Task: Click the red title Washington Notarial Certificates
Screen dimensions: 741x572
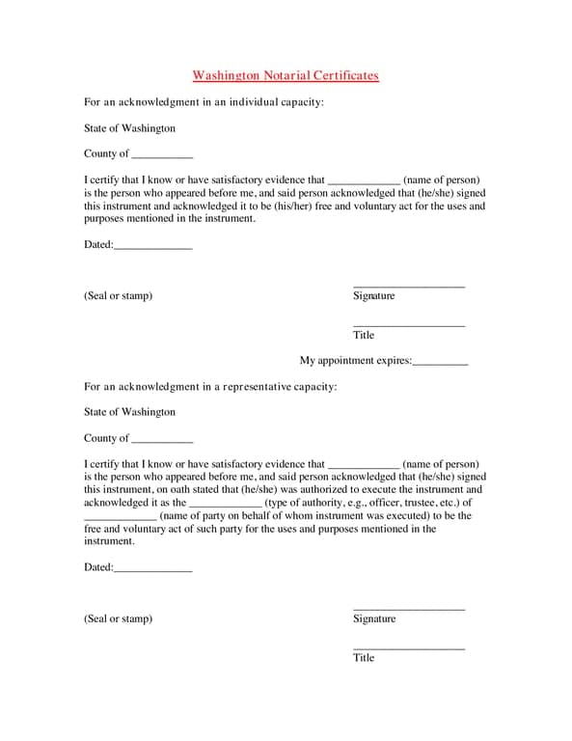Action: point(286,75)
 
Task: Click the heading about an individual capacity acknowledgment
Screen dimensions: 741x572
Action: point(204,101)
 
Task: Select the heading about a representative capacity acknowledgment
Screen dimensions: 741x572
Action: point(210,386)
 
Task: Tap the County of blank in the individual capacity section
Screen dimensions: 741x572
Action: point(162,155)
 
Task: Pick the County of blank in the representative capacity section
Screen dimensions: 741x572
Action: point(162,440)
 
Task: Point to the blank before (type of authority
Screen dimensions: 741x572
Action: point(225,504)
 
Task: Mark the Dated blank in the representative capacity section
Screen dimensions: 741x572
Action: point(152,569)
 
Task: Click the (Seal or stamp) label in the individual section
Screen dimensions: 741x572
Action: point(118,295)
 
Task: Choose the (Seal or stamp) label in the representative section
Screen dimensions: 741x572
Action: point(118,618)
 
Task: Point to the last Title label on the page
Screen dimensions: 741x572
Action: point(364,657)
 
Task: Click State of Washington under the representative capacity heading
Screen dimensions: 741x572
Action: point(129,412)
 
